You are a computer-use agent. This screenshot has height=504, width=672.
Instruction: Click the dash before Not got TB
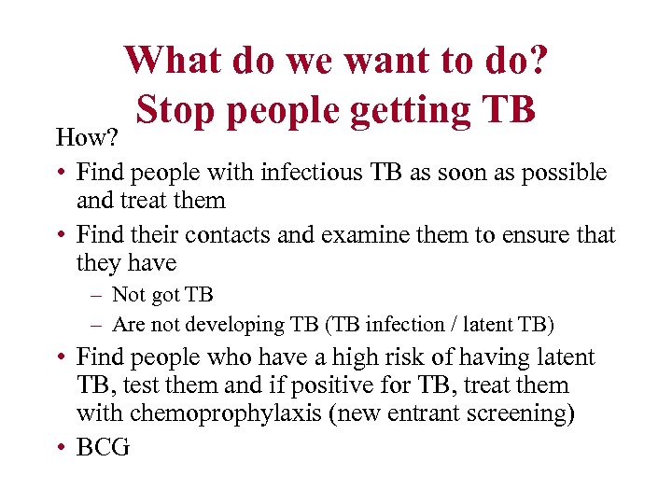pyautogui.click(x=96, y=296)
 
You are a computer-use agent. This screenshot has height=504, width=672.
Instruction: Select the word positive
pyautogui.click(x=368, y=385)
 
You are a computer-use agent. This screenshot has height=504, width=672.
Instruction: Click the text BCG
pyautogui.click(x=103, y=447)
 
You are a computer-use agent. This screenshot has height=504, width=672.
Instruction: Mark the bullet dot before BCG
pyautogui.click(x=59, y=448)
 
